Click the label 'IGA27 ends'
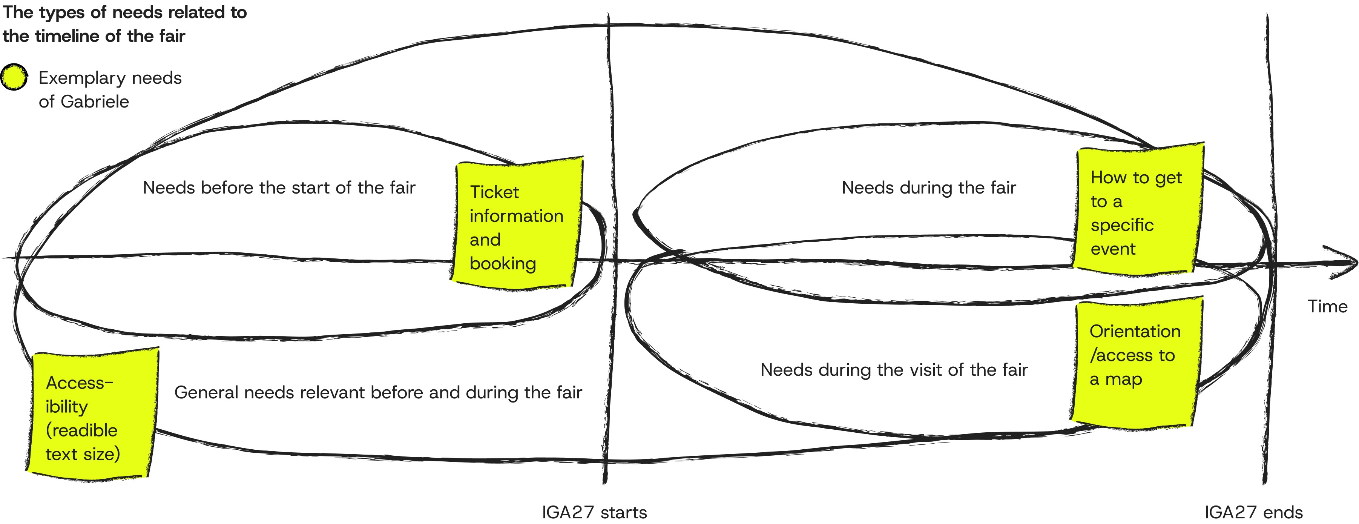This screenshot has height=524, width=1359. pyautogui.click(x=1253, y=512)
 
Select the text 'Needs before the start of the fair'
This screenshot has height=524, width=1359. pyautogui.click(x=279, y=188)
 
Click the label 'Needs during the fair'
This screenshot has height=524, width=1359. pyautogui.click(x=928, y=188)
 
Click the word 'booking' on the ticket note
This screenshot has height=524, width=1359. pyautogui.click(x=503, y=263)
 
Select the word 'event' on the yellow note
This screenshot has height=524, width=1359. pyautogui.click(x=1113, y=249)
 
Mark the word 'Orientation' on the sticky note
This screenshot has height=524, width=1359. pyautogui.click(x=1135, y=331)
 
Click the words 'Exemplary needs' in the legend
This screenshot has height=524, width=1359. pyautogui.click(x=110, y=78)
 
